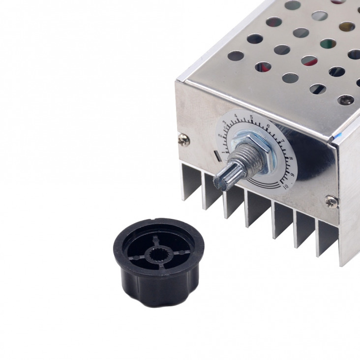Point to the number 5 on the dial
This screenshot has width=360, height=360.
click(251, 117)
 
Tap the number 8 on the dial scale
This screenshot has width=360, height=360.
click(291, 158)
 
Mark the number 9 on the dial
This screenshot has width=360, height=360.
click(292, 174)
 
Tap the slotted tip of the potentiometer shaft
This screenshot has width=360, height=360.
click(221, 180)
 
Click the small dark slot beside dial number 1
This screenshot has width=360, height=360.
click(218, 157)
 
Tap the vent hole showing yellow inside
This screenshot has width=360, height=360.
click(347, 26)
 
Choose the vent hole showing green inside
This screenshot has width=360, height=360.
click(328, 44)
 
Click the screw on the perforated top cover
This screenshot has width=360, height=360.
click(345, 100)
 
